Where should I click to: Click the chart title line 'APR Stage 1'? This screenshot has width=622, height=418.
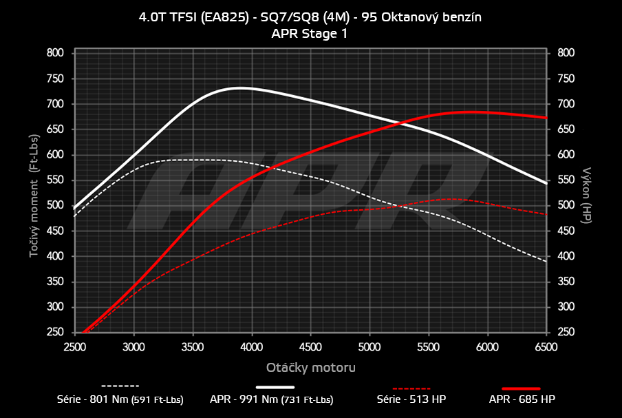pos(310,32)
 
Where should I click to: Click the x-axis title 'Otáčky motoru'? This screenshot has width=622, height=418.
pos(310,368)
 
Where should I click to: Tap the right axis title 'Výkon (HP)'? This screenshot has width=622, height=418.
pos(587,194)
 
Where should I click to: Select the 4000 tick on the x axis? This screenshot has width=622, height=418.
pos(252,346)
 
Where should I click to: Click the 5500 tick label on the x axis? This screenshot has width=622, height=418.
pos(429,346)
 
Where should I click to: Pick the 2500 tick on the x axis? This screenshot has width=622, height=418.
pos(74,346)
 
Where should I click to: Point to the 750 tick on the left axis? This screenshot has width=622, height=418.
pos(55,79)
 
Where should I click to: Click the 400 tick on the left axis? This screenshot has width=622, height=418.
pos(55,257)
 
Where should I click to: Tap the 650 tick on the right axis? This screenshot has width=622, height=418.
pos(566,129)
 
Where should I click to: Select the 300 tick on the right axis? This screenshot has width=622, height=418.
pos(566,308)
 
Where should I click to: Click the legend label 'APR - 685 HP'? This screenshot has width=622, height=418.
pos(522,399)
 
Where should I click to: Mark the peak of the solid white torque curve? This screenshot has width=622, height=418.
pos(239,88)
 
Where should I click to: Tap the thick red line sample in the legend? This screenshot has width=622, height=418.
pos(521,388)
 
